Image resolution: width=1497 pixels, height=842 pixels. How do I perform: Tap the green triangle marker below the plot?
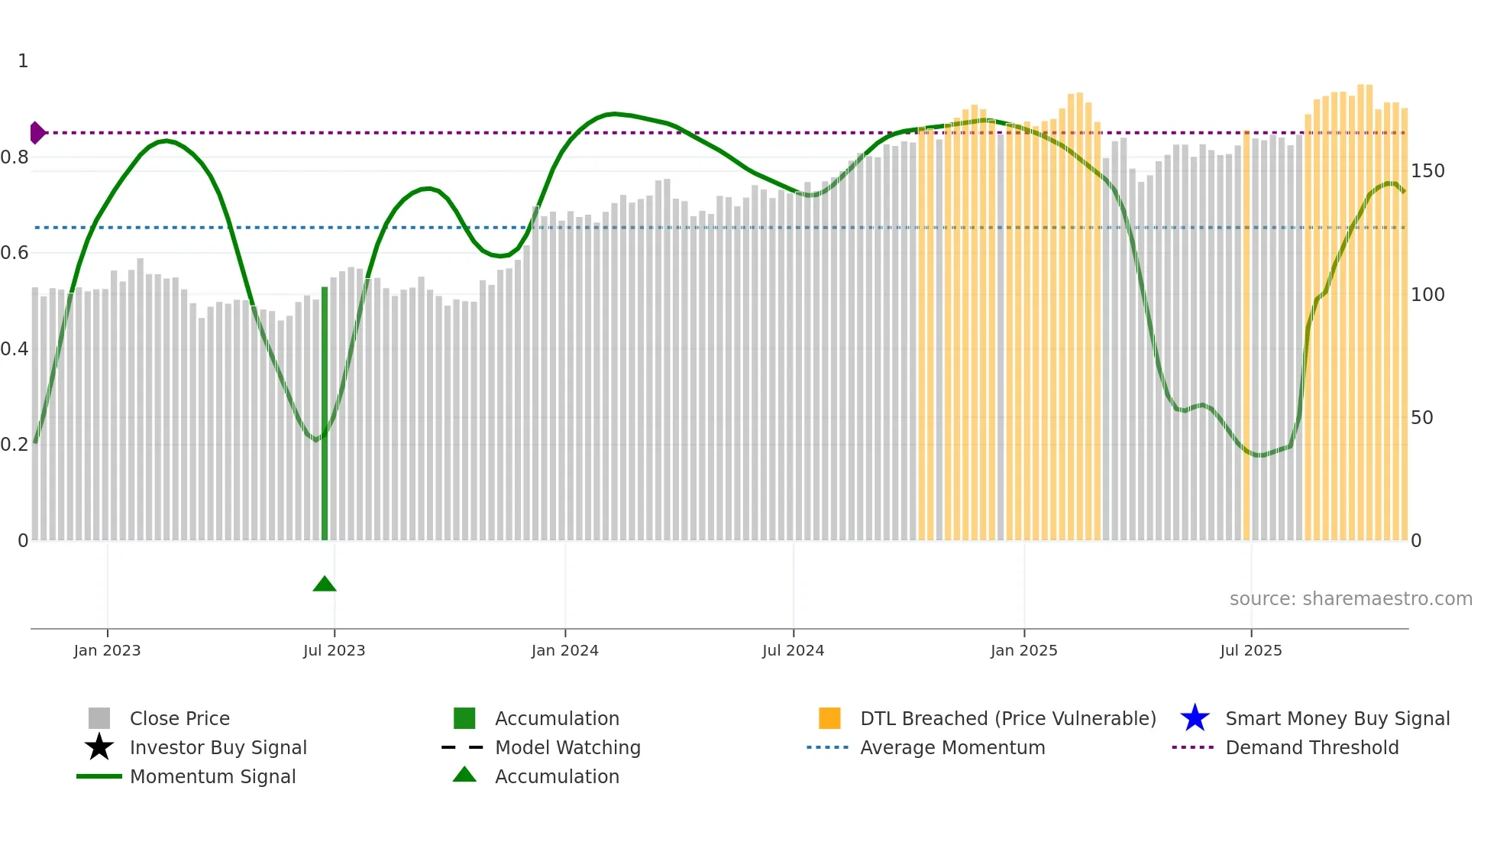point(325,585)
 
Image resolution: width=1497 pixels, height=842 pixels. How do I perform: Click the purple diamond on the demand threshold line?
point(37,133)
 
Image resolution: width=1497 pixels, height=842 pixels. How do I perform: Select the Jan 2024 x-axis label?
point(564,650)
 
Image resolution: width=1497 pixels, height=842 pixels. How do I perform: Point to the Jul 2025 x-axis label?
point(1250,650)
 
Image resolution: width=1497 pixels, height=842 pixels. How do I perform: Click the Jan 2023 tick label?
point(107,650)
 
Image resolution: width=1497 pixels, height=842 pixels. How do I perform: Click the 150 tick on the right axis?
point(1427,171)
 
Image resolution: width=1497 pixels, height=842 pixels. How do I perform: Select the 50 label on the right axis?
point(1421,418)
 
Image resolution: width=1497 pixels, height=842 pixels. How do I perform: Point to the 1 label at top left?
point(23,61)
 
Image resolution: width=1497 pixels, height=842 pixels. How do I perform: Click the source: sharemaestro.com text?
point(1350,598)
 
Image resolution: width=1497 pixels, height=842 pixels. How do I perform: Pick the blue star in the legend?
point(1195,718)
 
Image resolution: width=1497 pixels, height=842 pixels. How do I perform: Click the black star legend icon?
point(99,747)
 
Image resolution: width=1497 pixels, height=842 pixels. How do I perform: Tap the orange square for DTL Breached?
point(829,718)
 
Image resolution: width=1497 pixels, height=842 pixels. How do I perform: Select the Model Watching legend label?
point(567,747)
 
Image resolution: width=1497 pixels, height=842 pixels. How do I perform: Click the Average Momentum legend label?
point(952,747)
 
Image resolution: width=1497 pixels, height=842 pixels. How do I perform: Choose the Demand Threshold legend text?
point(1311,747)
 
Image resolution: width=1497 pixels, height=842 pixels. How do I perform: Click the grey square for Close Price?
point(99,718)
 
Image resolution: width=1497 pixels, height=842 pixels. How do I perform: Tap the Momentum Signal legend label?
point(212,776)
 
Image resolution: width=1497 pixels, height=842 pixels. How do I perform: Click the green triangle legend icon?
point(464,775)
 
